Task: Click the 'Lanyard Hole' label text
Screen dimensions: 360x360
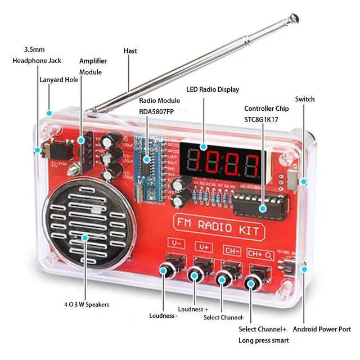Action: click(x=58, y=80)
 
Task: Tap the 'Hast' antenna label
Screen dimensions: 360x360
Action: click(x=130, y=51)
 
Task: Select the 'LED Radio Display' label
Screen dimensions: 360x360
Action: click(x=212, y=89)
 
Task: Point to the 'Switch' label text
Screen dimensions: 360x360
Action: click(x=304, y=100)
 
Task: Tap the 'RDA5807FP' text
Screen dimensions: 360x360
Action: click(x=159, y=111)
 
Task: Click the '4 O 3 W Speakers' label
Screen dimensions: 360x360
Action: click(x=87, y=304)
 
